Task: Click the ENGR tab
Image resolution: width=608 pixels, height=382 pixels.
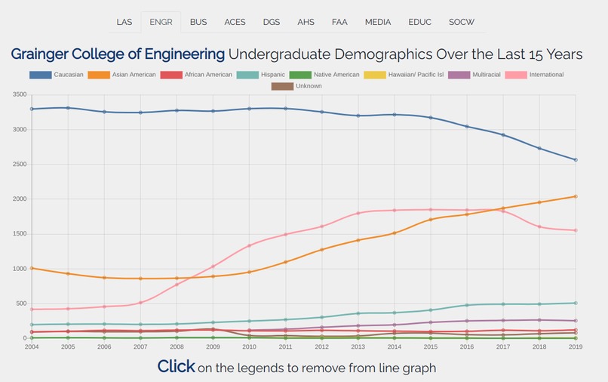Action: [161, 22]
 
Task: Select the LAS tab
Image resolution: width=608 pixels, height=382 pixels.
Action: [124, 22]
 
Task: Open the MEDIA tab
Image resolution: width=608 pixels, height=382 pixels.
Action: [378, 22]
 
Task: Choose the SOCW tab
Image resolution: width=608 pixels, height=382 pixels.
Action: [462, 22]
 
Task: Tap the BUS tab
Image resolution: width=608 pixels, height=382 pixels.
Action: [198, 22]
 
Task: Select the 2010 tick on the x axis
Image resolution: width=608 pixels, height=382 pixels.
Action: [249, 347]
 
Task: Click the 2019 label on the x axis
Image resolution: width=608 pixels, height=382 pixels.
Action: [575, 347]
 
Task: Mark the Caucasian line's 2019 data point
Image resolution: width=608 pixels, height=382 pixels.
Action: [575, 160]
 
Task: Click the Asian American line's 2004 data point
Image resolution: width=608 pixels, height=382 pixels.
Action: [32, 268]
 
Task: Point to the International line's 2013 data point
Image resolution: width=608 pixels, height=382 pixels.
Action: [358, 213]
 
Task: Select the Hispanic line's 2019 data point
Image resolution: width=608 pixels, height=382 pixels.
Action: [575, 303]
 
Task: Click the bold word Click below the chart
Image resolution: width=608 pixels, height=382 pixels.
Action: [176, 367]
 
